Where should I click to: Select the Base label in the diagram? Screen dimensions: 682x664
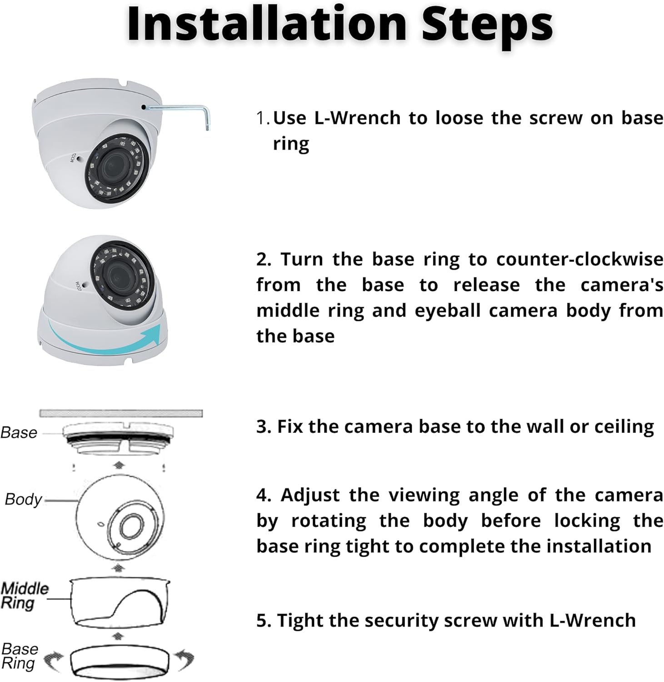click(19, 432)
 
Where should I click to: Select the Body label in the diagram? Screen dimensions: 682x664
click(23, 499)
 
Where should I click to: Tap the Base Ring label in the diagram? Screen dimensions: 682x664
click(20, 656)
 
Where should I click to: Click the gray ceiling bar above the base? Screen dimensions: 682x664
click(121, 413)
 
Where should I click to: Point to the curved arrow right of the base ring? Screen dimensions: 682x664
click(185, 659)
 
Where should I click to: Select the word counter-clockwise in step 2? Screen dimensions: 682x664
click(579, 260)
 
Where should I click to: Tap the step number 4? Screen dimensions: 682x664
click(263, 495)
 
